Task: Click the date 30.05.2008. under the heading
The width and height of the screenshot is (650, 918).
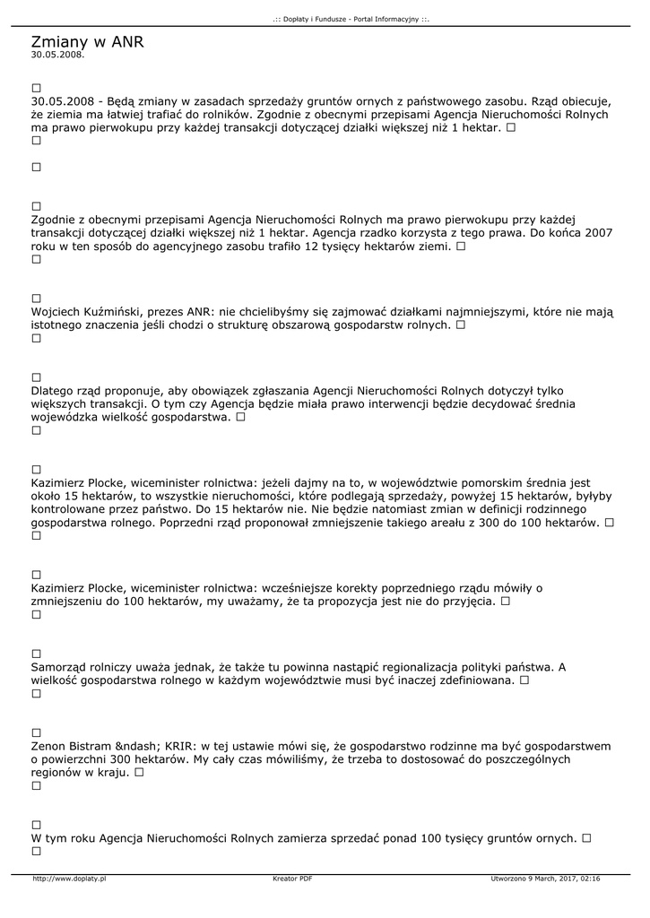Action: (57, 55)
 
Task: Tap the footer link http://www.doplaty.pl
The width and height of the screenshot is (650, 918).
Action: (69, 879)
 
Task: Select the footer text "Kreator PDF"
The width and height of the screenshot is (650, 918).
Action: (292, 879)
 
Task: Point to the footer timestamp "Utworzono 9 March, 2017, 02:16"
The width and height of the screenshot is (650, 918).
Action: (546, 879)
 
